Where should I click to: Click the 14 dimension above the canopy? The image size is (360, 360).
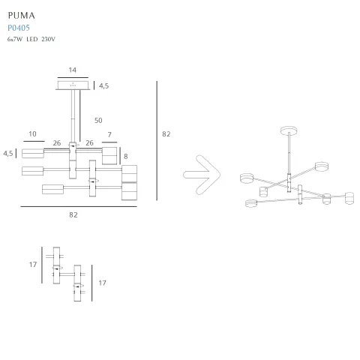pos(72,70)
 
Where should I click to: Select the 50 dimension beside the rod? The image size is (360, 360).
pos(98,120)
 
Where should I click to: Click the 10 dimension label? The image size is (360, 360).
pos(32,135)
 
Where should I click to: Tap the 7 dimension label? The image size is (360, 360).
pos(109,135)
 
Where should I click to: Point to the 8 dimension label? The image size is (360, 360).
pos(127,157)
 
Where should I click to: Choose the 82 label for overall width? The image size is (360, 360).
pos(73,214)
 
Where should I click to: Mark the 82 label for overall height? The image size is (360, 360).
pos(166,134)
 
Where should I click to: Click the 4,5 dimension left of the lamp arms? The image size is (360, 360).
pos(9,153)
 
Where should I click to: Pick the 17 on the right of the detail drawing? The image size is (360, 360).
pos(103,283)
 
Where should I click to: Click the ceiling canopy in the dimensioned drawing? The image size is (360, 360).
pos(72,85)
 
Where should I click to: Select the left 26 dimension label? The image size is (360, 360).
pos(57,142)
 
